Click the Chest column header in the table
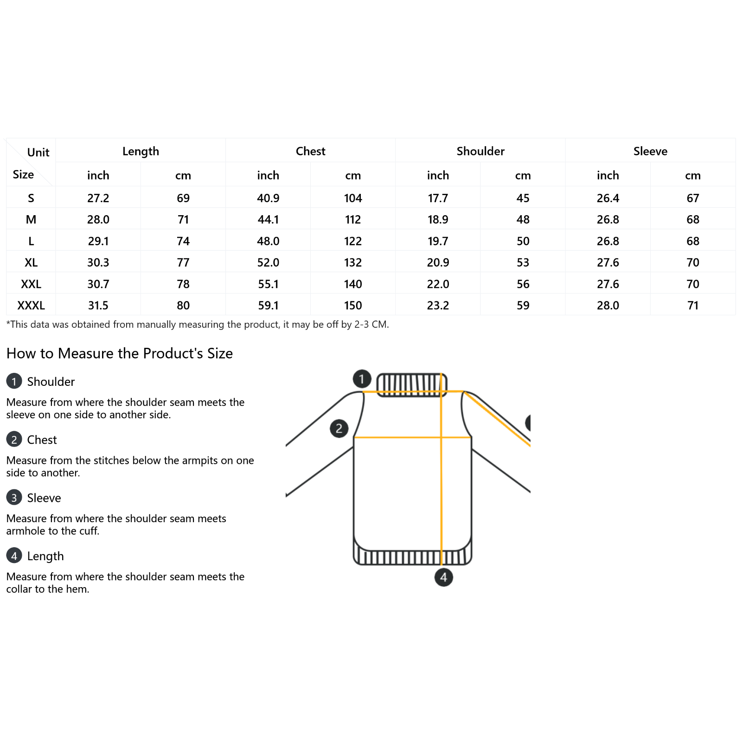click(310, 151)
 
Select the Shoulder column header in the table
click(480, 151)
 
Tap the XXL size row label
click(31, 284)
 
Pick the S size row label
click(31, 198)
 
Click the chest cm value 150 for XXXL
click(353, 305)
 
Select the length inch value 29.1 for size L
click(98, 241)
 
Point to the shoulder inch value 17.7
click(438, 198)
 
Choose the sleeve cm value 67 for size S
click(692, 198)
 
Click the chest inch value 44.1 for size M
click(268, 219)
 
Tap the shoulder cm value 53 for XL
click(523, 262)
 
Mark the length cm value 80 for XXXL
click(183, 305)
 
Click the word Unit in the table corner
click(38, 153)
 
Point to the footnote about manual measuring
click(198, 324)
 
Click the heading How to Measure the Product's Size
click(120, 353)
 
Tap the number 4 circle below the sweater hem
click(443, 577)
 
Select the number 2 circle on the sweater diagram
click(339, 428)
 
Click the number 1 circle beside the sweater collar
click(362, 378)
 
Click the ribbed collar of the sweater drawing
click(411, 384)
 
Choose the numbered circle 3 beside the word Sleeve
click(14, 497)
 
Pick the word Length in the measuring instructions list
click(45, 556)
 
